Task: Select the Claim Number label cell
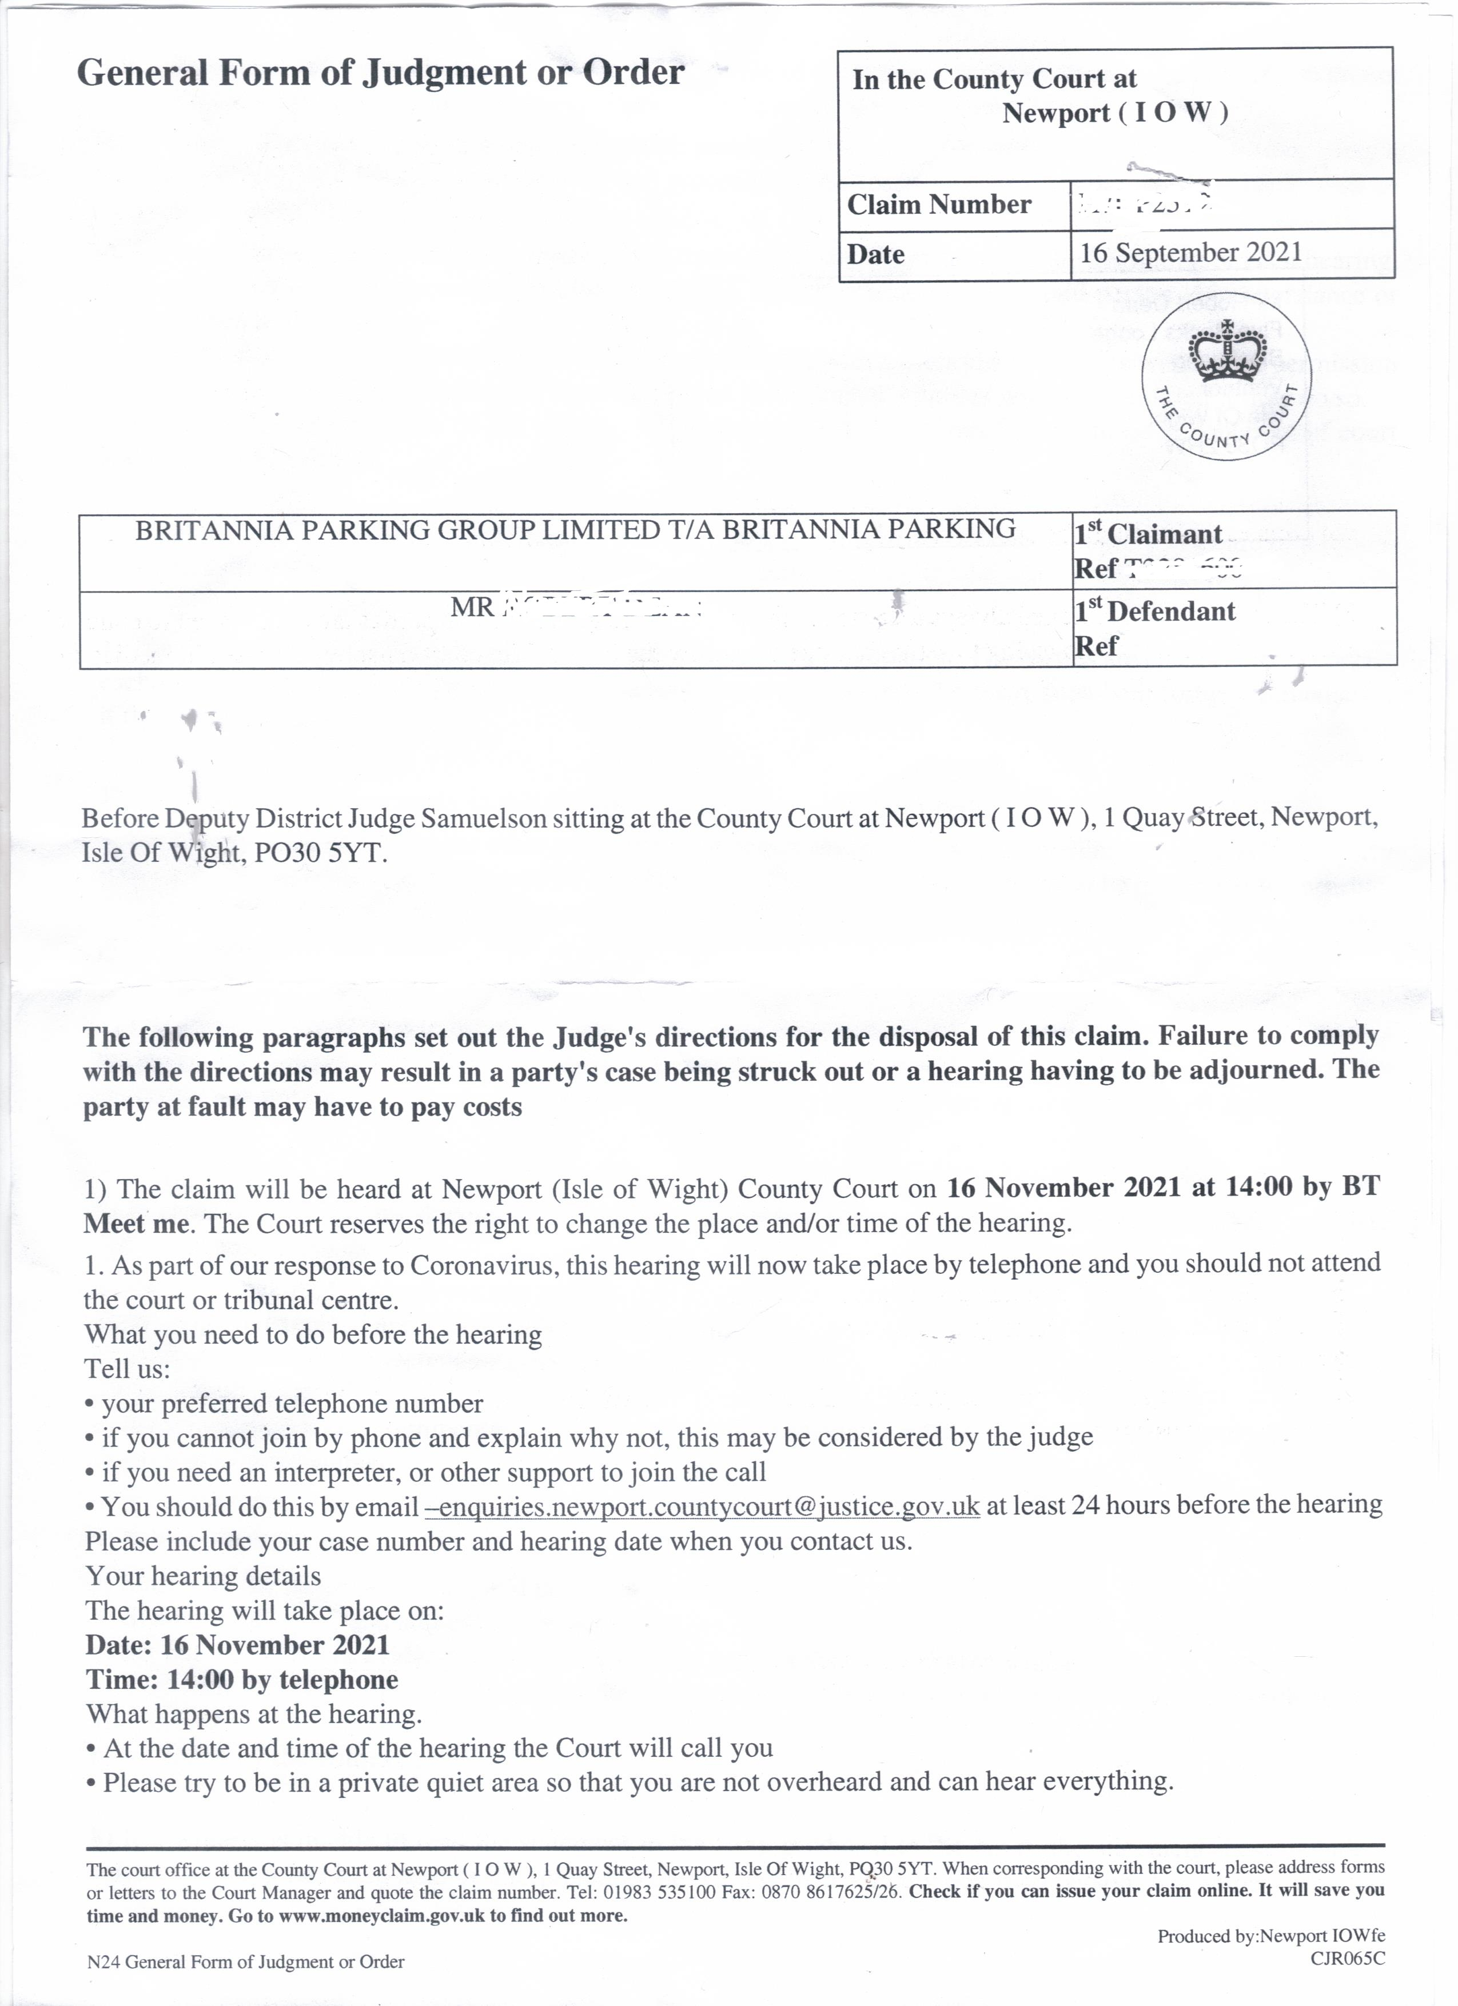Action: [939, 205]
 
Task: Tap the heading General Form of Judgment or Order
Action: [380, 73]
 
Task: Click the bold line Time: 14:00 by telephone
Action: [241, 1680]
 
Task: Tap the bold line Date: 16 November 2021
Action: [237, 1645]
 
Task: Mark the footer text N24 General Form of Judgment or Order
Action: [245, 1962]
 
